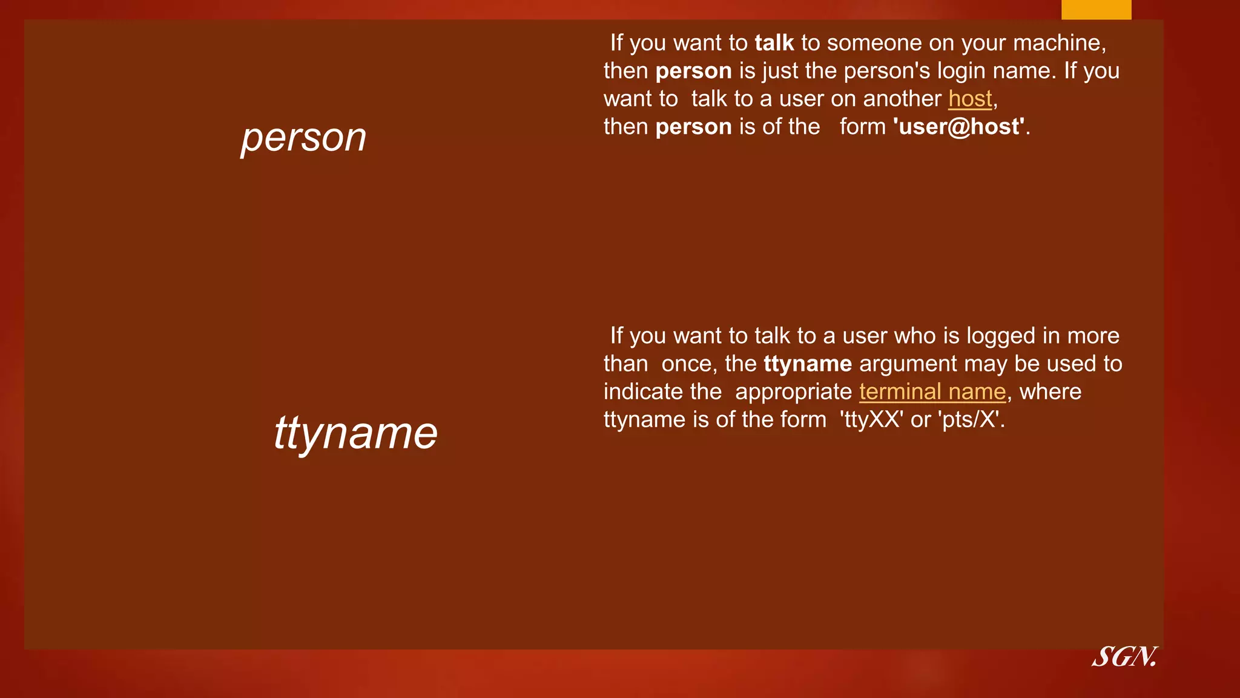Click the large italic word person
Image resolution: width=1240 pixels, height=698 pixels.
[303, 138]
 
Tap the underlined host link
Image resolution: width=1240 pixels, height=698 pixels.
[970, 99]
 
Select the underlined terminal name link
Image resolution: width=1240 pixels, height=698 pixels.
[932, 392]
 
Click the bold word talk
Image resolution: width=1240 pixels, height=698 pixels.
[774, 43]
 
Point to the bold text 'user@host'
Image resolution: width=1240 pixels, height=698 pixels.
[959, 127]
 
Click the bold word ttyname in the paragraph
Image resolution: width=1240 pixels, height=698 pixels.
[808, 364]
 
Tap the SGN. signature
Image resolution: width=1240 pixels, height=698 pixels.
[1125, 657]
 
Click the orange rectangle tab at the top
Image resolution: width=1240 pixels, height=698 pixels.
[1096, 9]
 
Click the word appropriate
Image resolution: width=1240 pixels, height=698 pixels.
[793, 392]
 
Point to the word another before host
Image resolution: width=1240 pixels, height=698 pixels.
[902, 99]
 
